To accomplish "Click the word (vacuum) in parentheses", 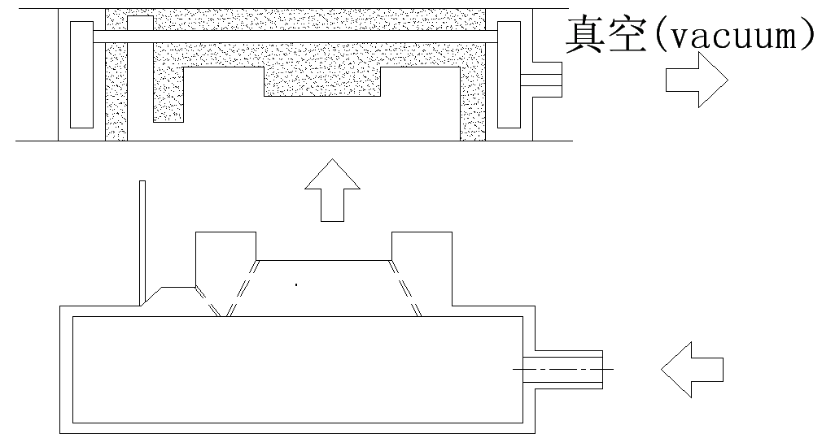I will (x=732, y=37).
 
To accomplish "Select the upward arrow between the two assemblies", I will (x=332, y=190).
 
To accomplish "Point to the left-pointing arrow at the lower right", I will (x=693, y=370).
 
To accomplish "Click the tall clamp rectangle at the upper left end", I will (x=81, y=74).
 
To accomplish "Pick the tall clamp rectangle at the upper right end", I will (x=509, y=74).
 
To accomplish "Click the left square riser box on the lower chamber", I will (x=226, y=256).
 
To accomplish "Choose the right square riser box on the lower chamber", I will (x=422, y=256).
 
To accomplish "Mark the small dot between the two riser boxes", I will (x=296, y=284).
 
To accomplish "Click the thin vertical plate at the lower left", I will (x=142, y=240).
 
